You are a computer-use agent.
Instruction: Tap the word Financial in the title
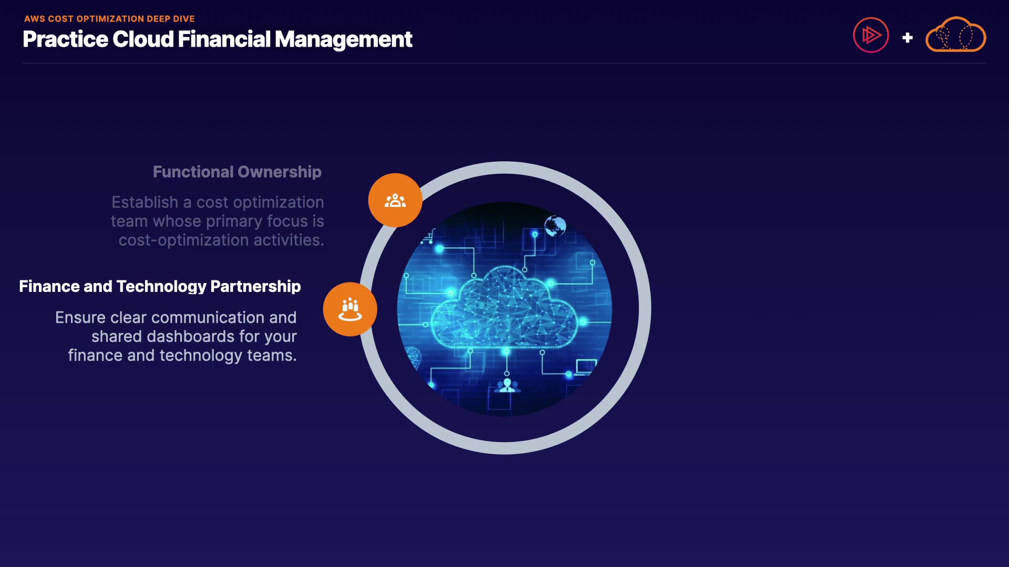pos(224,39)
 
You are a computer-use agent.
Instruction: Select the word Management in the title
pos(344,40)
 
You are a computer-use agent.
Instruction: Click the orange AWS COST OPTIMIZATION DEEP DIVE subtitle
pos(109,19)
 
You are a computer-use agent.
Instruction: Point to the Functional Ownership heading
pos(237,172)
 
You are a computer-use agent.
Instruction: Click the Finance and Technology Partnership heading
pos(160,286)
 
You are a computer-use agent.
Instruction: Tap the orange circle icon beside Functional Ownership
pos(395,200)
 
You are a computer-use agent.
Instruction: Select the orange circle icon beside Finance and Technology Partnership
pos(350,309)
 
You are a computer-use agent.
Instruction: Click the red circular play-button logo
pos(871,35)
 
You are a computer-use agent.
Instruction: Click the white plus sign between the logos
pos(907,38)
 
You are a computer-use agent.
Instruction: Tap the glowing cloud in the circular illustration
pos(504,308)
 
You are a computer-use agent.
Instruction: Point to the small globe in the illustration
pos(555,226)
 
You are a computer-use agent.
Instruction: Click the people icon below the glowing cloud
pos(507,386)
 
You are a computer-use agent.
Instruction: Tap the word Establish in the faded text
pos(145,202)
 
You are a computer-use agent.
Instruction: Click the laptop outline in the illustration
pos(586,366)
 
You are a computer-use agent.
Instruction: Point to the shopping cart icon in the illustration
pos(427,237)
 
